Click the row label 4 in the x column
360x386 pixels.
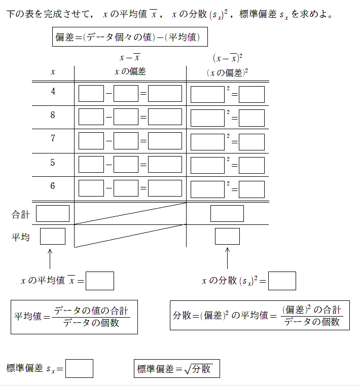(53, 92)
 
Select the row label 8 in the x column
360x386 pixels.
(53, 115)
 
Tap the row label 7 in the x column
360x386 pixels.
(53, 139)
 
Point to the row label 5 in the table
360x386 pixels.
(53, 163)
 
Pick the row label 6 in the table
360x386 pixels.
(53, 186)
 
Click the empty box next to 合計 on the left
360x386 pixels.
(53, 213)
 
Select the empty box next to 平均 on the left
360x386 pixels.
(53, 237)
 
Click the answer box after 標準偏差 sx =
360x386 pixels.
(79, 368)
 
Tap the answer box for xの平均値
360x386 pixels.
(100, 281)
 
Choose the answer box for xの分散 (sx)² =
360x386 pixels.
(282, 281)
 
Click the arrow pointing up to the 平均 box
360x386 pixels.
(50, 258)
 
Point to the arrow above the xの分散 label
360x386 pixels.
(227, 258)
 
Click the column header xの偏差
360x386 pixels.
(130, 71)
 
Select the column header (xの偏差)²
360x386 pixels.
(227, 72)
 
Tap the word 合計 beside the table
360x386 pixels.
(21, 214)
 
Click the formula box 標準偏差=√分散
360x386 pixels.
(177, 368)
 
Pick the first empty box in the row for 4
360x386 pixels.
(91, 94)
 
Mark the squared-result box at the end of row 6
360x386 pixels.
(251, 189)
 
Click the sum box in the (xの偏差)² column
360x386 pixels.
(227, 213)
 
